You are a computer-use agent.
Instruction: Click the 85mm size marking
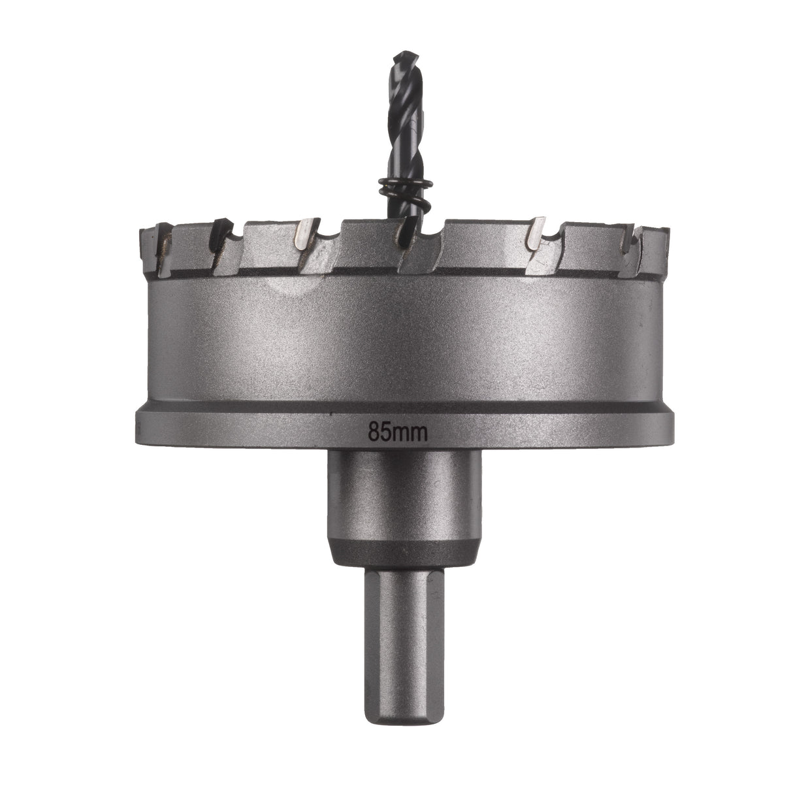[x=397, y=432]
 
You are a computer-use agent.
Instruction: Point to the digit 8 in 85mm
[x=374, y=432]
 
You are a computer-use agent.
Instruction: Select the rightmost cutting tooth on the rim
[x=653, y=248]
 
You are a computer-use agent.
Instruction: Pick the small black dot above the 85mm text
[x=332, y=415]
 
